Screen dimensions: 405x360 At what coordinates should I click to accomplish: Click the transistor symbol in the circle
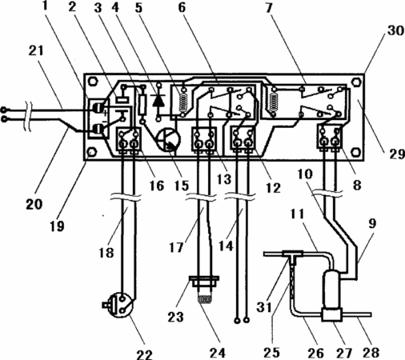(169, 139)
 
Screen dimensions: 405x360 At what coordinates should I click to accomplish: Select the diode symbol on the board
(158, 100)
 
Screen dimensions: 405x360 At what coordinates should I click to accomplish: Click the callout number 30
(395, 30)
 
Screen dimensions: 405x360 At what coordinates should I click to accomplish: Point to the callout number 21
(36, 50)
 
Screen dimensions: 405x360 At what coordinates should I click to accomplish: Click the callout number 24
(217, 353)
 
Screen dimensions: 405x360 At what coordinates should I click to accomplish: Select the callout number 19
(57, 226)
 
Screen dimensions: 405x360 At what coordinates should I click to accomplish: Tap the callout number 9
(372, 223)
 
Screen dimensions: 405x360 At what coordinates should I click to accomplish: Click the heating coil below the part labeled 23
(205, 300)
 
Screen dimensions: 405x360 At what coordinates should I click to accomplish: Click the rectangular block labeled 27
(332, 314)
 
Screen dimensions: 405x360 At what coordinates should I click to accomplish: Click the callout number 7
(269, 8)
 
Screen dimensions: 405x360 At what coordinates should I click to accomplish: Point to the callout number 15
(182, 185)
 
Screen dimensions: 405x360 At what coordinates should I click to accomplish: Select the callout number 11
(298, 214)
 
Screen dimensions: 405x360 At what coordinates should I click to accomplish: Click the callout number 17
(176, 247)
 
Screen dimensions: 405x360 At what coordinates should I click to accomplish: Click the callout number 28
(371, 353)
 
